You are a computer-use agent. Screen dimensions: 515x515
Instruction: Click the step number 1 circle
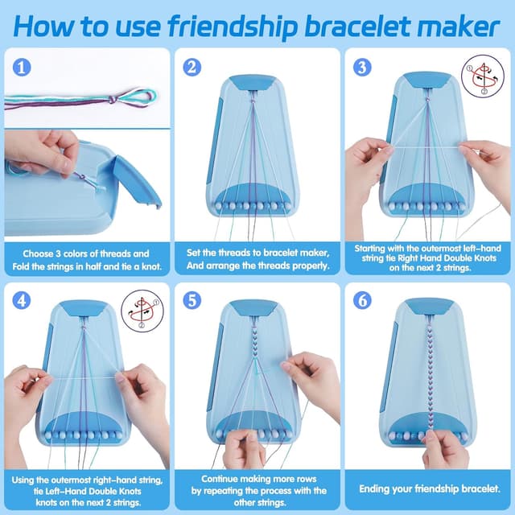click(21, 68)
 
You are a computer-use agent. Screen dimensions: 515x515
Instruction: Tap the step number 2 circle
click(192, 68)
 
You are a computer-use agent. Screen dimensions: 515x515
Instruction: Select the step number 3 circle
click(362, 68)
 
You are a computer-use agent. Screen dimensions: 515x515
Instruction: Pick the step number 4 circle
click(21, 300)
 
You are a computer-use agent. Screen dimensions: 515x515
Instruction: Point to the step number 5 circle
click(192, 300)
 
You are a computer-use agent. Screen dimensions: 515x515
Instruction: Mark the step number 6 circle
click(362, 300)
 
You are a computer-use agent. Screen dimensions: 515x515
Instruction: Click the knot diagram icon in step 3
click(482, 76)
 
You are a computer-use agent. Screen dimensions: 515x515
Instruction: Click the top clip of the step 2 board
click(254, 82)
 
